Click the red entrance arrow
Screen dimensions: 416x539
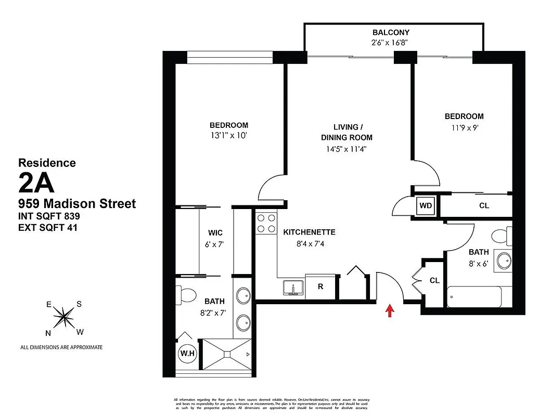click(x=390, y=310)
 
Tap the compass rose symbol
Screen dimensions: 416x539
click(x=64, y=317)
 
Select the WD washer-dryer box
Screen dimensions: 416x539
click(x=426, y=205)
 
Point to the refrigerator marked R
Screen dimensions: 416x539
click(x=320, y=286)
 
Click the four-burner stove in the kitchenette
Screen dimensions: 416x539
click(x=266, y=223)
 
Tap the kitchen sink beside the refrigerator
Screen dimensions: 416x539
click(x=294, y=287)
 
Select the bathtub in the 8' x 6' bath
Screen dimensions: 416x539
click(x=473, y=297)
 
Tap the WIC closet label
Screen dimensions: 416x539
click(x=215, y=233)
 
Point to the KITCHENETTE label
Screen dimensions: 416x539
click(x=309, y=232)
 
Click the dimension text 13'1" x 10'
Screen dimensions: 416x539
click(x=228, y=136)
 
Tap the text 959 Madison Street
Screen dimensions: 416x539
click(x=77, y=203)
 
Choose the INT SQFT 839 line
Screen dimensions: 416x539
click(x=49, y=215)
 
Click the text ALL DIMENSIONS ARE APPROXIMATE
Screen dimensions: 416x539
click(x=61, y=347)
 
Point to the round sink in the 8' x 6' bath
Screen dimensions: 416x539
click(x=503, y=260)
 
